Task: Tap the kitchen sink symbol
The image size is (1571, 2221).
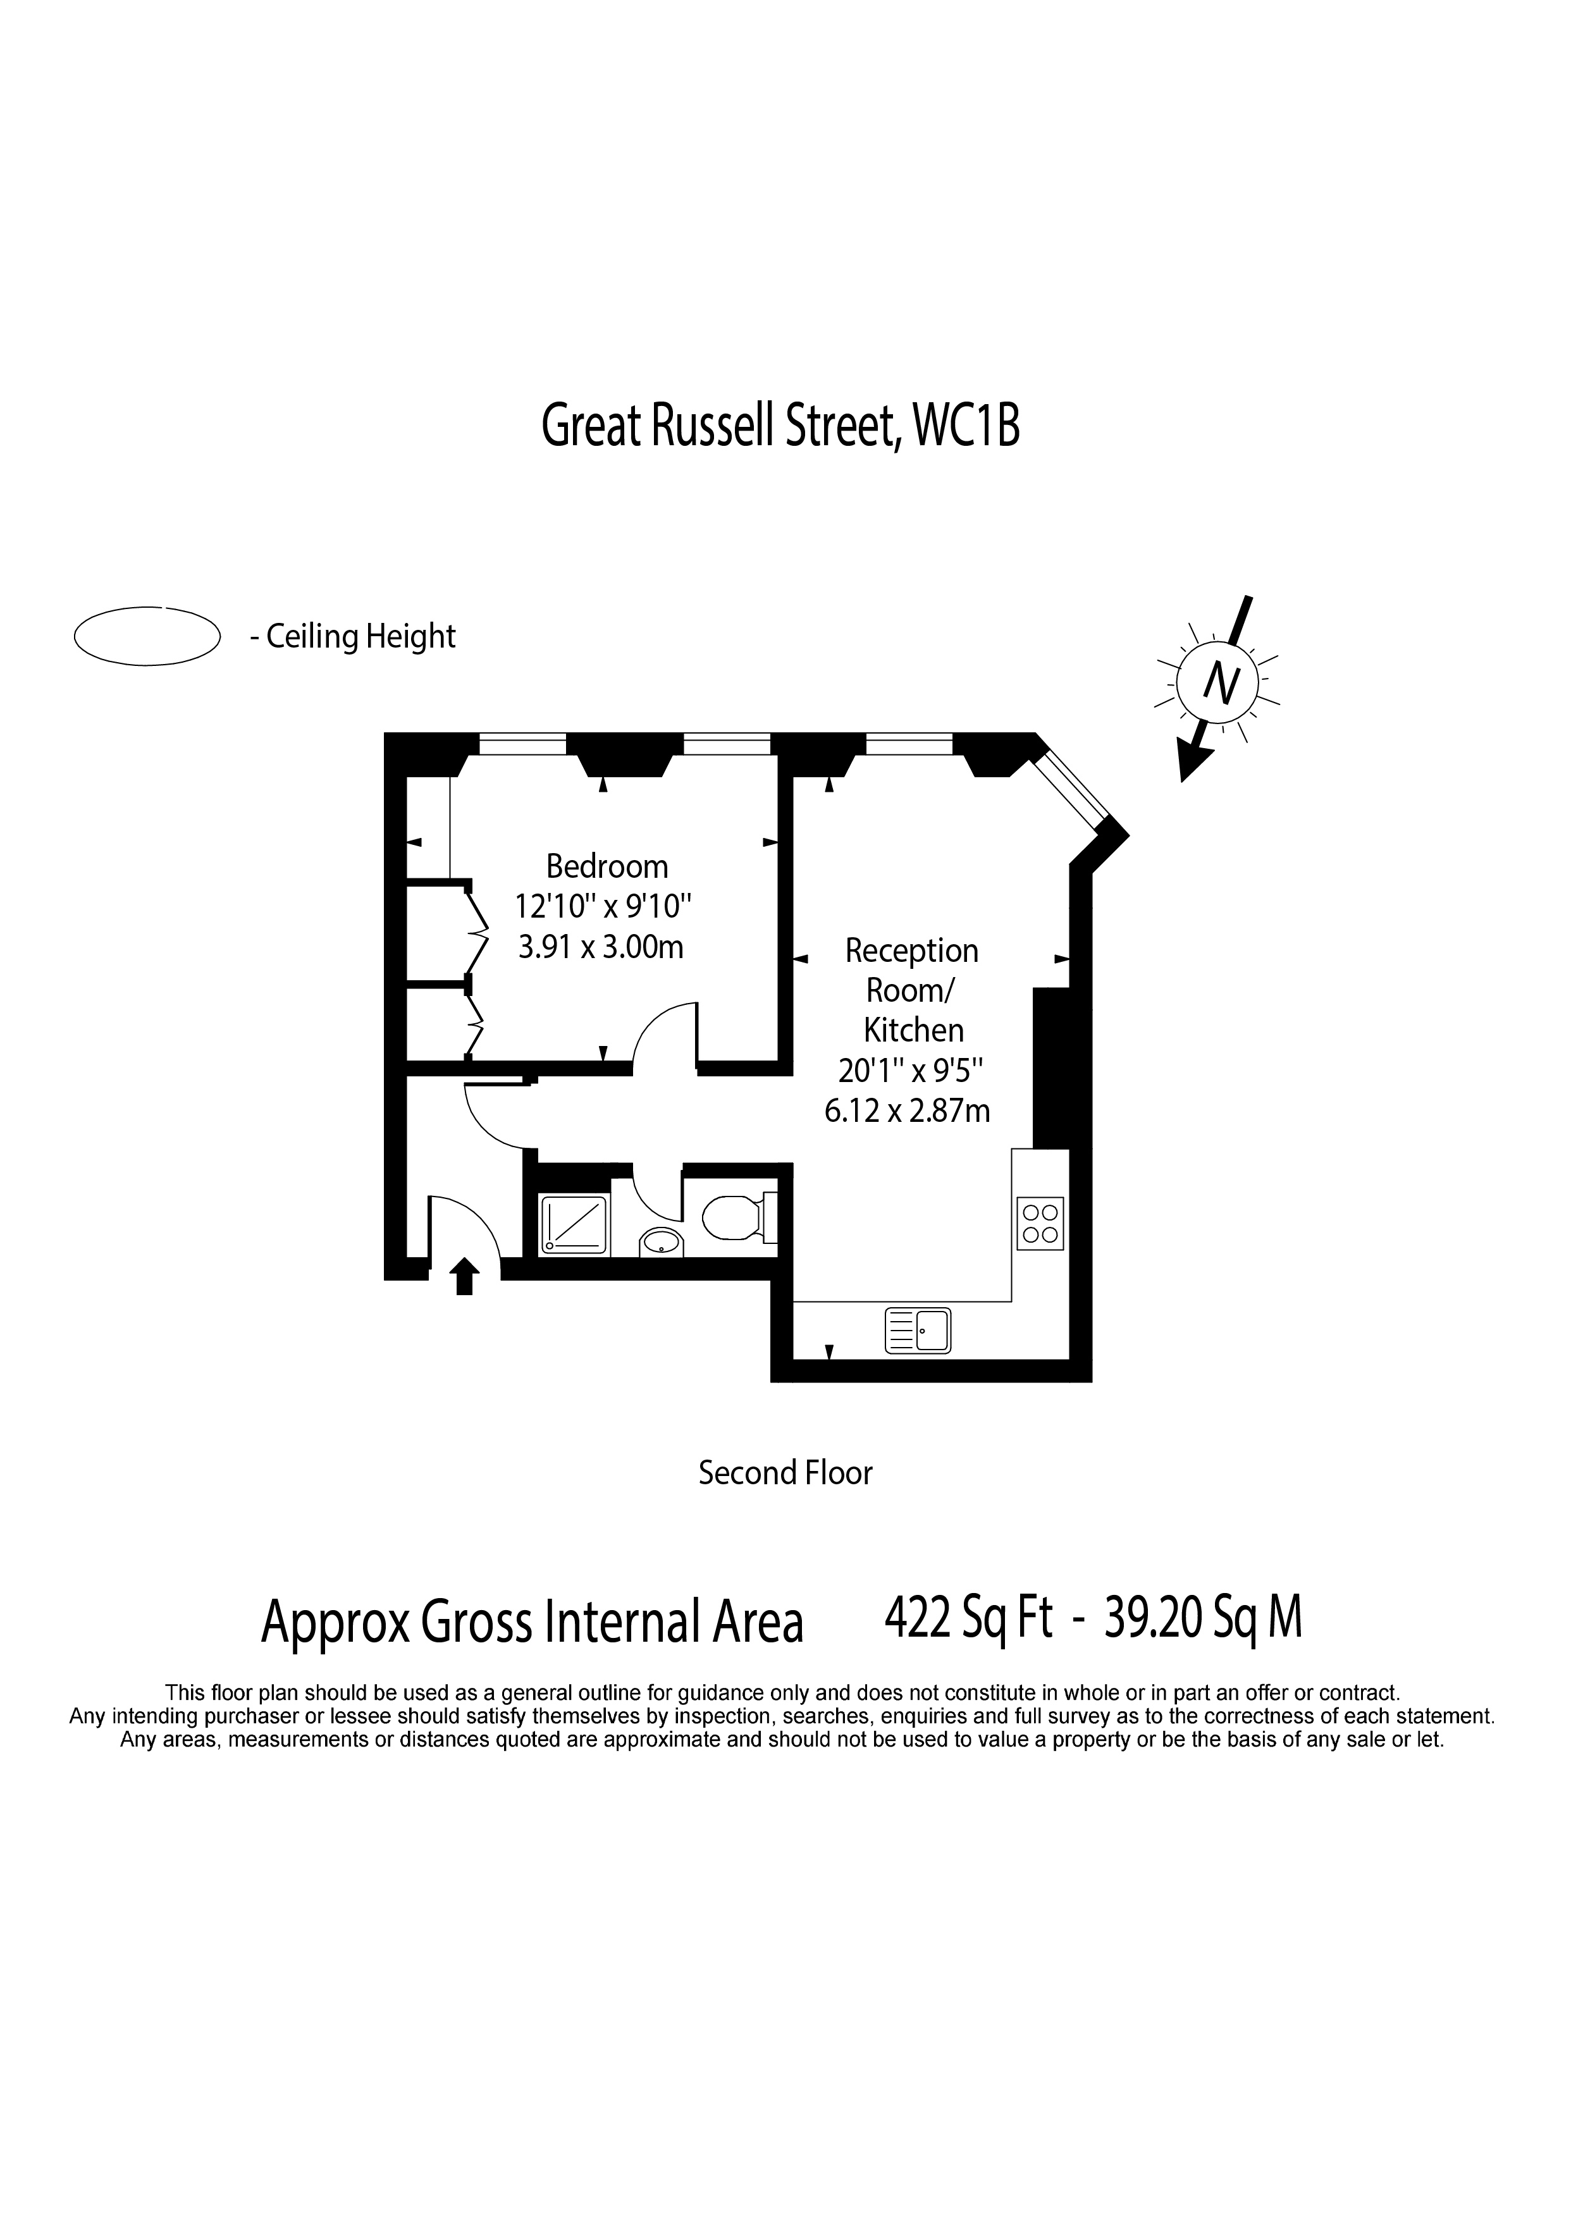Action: click(918, 1330)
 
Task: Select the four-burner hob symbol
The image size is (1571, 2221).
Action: click(1040, 1224)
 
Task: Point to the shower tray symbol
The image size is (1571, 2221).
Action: click(574, 1226)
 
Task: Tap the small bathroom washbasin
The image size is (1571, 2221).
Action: click(661, 1241)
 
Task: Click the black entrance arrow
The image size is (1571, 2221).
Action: click(464, 1276)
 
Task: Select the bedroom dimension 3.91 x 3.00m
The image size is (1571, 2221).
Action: click(601, 946)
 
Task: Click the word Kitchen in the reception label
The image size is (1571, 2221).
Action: click(913, 1030)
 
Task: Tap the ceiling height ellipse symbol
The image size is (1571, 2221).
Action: click(147, 636)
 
